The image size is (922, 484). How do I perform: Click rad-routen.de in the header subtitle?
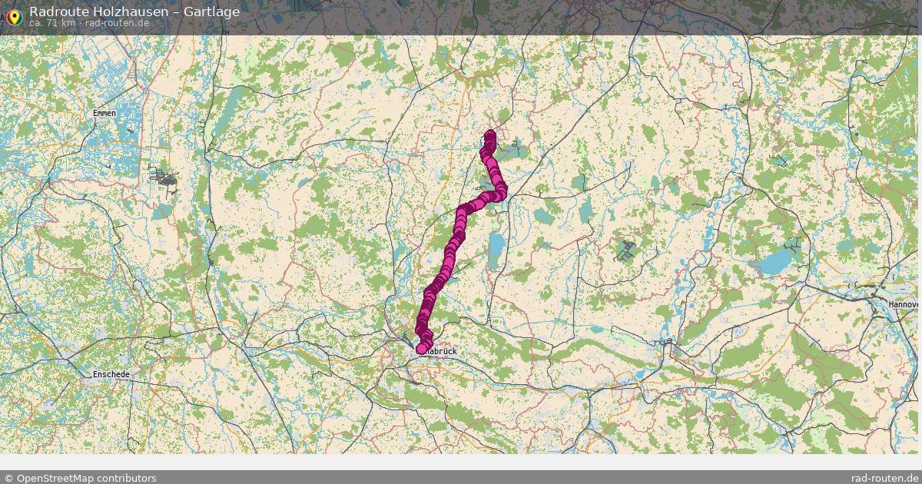(117, 22)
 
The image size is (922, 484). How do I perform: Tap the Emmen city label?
(104, 114)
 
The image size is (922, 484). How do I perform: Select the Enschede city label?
(111, 374)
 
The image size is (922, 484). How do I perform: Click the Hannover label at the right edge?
(904, 304)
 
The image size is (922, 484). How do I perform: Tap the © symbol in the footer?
(8, 478)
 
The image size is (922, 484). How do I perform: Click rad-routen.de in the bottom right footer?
(886, 478)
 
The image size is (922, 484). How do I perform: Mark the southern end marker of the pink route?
(422, 349)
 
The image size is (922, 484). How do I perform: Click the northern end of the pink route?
(489, 137)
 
